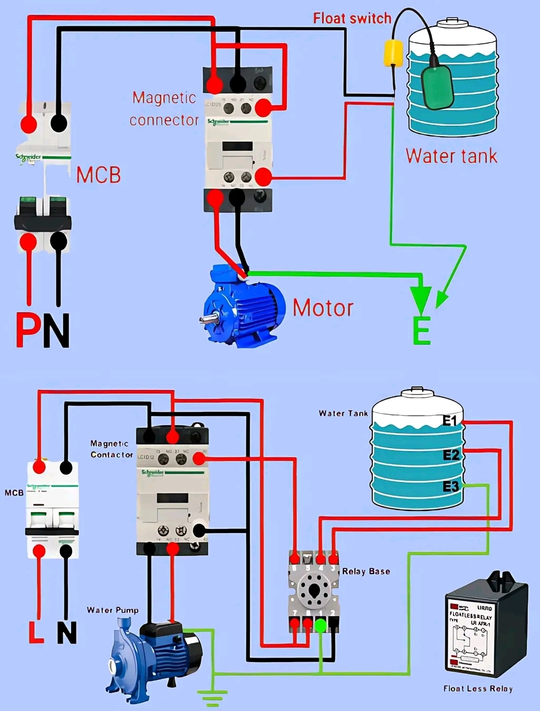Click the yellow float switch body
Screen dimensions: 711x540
tap(393, 53)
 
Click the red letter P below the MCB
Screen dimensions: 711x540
tap(28, 330)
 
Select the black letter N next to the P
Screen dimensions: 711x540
tap(56, 331)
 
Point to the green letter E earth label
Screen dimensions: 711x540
tap(421, 331)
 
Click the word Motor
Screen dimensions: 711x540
tap(323, 308)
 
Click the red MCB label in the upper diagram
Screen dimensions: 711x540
tap(99, 175)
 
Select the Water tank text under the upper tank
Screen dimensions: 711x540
tap(451, 156)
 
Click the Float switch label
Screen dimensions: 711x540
tap(352, 18)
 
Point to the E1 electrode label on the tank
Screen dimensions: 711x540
tap(450, 421)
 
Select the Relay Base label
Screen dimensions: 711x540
tap(366, 571)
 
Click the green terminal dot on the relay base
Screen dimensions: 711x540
tap(320, 626)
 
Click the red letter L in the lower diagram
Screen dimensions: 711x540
tap(36, 633)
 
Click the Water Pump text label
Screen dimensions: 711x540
tap(113, 610)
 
